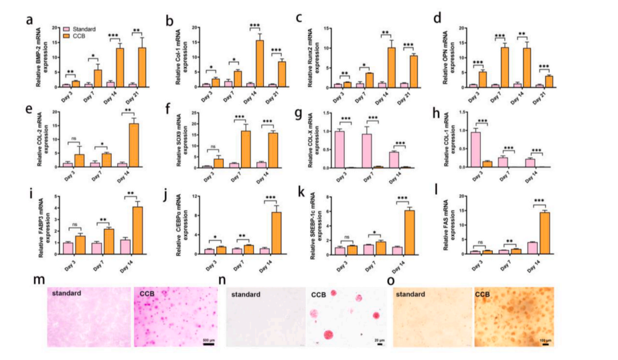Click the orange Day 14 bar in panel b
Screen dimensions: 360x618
[x=258, y=63]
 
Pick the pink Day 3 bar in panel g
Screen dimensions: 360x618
[x=339, y=149]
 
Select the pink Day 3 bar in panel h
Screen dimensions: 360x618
[x=475, y=149]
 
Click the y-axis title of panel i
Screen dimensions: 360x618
[x=45, y=224]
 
